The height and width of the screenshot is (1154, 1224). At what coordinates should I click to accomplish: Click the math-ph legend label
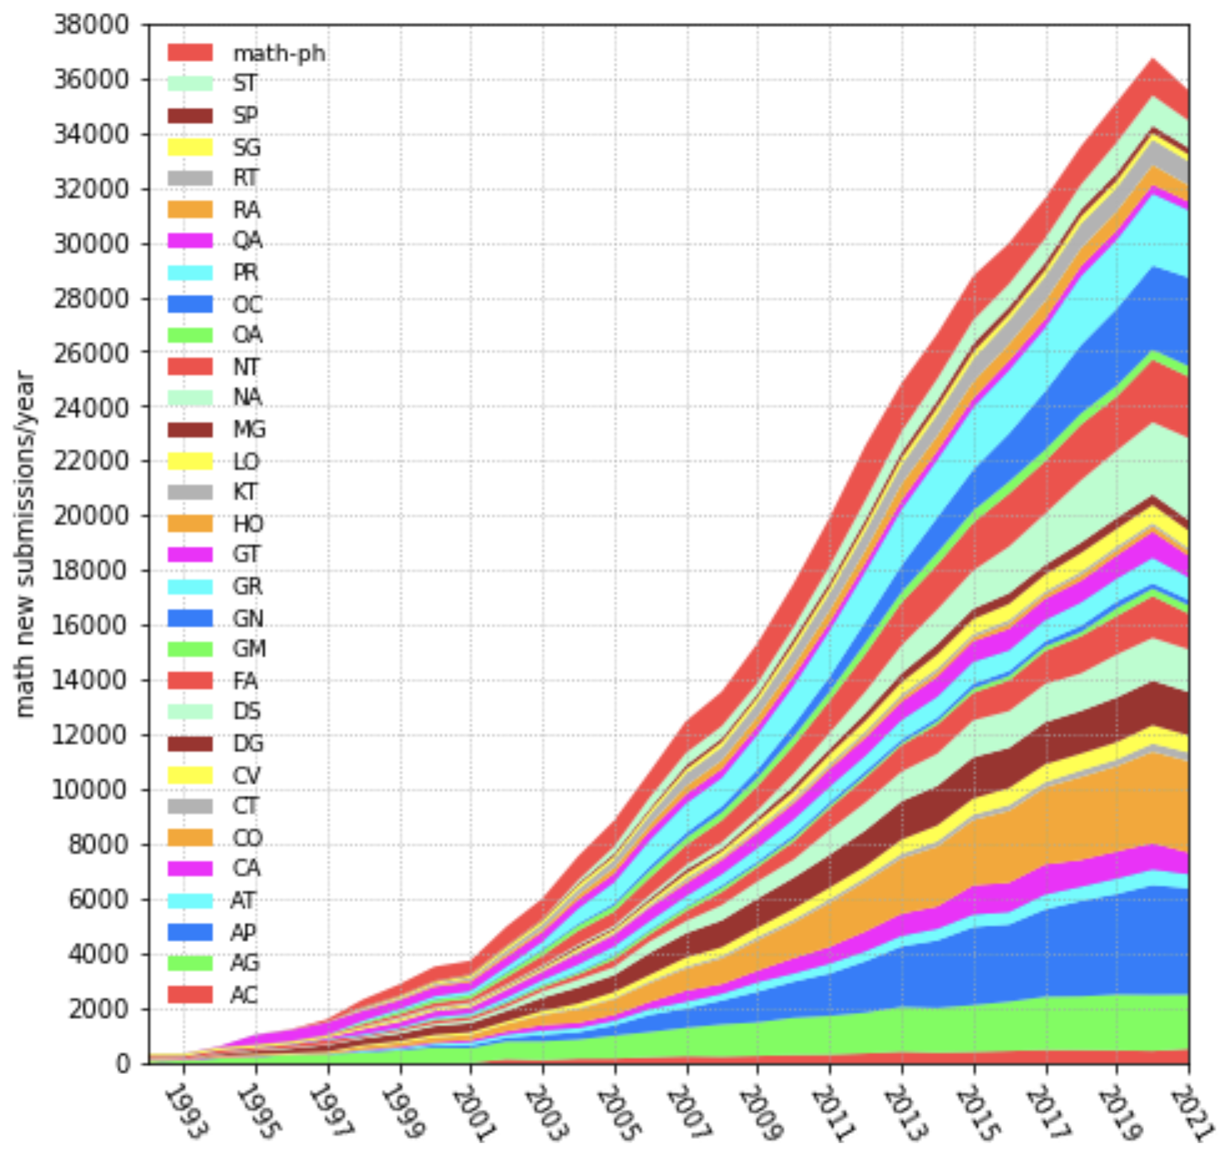279,54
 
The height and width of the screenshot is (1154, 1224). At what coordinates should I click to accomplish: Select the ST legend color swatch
190,84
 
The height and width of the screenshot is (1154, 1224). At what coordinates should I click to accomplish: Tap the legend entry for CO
247,838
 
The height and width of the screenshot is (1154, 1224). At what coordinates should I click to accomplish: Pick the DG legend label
248,743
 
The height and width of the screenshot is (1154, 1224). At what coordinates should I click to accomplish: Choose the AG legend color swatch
190,963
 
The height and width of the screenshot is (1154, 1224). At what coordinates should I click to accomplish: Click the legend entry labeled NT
246,367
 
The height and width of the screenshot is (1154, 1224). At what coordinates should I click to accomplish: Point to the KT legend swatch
190,492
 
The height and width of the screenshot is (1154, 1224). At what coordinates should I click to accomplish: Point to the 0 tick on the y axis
123,1064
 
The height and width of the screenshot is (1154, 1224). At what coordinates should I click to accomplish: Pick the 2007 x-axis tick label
688,1113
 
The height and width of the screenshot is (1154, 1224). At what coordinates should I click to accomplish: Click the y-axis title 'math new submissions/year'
26,543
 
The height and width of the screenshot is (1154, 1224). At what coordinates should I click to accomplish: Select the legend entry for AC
244,995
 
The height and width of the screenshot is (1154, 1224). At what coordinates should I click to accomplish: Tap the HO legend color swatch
190,523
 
